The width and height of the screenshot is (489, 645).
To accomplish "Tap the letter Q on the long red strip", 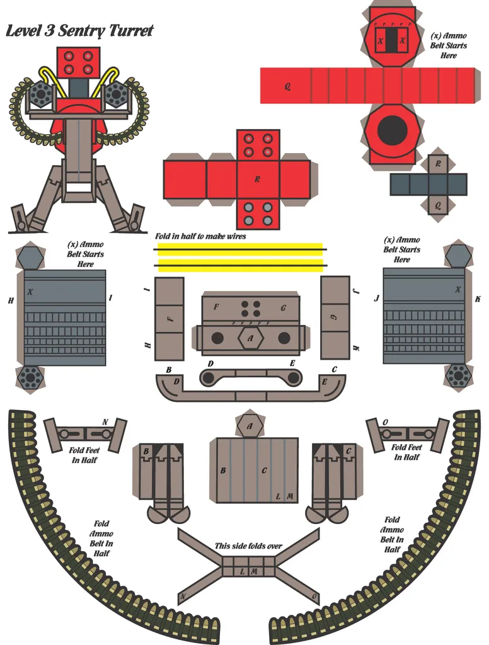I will pos(287,86).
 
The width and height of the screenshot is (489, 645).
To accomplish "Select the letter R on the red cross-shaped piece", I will pos(258,180).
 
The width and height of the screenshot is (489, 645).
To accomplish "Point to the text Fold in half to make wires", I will pos(200,236).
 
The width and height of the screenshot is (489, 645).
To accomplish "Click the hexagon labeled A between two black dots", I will pos(251,338).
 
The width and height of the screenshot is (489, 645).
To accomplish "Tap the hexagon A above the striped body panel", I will pos(250,426).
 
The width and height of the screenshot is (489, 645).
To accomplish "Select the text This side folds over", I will pos(248,546).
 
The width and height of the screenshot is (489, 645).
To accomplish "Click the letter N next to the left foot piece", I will pos(105,422).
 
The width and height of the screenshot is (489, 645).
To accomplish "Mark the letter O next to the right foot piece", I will pos(385,422).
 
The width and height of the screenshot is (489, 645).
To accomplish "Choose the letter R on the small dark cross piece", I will pos(438,164).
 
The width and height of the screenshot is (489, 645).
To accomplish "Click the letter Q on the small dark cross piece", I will pos(438,205).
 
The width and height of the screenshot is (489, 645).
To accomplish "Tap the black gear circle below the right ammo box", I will pos(457,375).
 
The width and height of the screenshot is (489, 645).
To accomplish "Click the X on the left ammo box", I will pos(30,292).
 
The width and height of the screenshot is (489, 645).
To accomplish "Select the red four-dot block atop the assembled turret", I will pos(78,62).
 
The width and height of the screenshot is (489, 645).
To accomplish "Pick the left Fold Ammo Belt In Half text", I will pos(101,538).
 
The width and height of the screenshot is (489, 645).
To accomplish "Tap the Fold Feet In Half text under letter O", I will pos(406,452).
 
